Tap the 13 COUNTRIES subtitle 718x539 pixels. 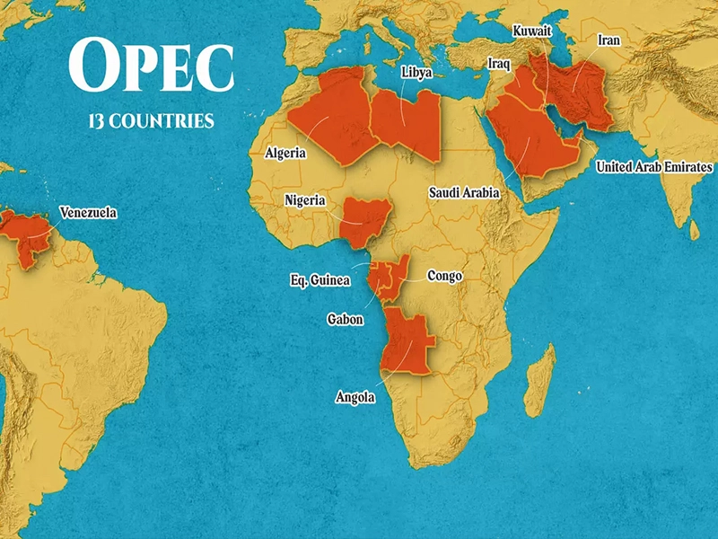[151, 120]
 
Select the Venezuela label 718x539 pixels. [88, 214]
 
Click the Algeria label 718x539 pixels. [285, 154]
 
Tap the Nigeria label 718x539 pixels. [305, 200]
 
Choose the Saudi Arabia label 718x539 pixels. [463, 192]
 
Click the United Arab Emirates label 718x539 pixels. [654, 167]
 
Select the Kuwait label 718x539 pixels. [531, 31]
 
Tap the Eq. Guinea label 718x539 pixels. [320, 281]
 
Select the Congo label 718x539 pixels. [444, 276]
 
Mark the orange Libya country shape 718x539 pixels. [408, 126]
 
